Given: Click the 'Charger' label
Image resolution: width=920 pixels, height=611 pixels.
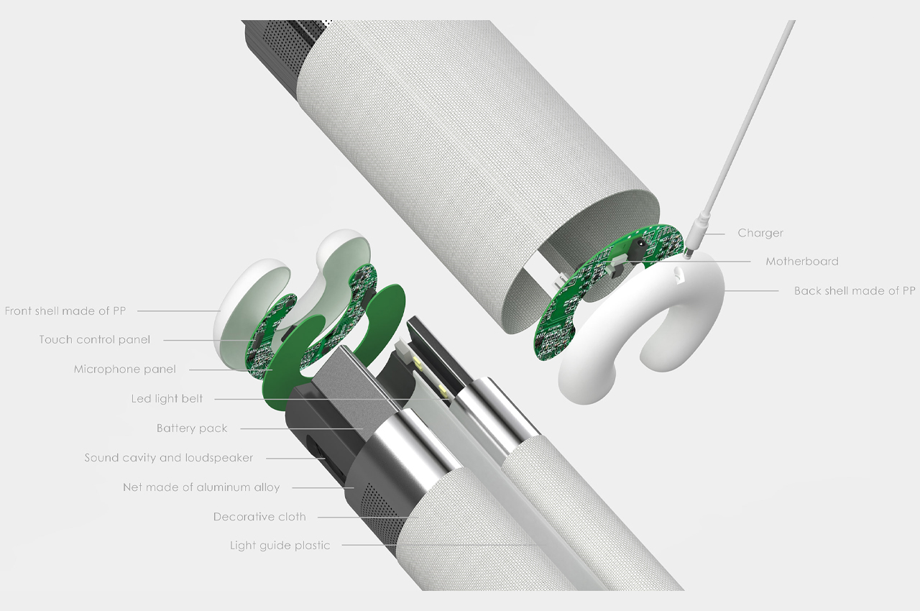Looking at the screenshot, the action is [760, 233].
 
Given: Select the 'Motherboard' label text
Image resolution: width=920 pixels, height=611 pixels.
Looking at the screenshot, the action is [802, 261].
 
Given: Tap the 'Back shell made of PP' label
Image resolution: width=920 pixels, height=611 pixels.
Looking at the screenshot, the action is [855, 290].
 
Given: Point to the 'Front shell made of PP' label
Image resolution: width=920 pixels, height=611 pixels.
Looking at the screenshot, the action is [65, 311].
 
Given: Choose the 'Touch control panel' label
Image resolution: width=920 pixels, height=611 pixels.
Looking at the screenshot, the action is [95, 339].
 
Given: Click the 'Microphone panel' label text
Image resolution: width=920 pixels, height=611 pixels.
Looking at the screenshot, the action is [125, 369].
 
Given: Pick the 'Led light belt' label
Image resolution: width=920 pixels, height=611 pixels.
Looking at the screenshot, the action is [167, 399].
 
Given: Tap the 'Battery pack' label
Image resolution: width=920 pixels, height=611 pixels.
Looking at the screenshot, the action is [192, 428].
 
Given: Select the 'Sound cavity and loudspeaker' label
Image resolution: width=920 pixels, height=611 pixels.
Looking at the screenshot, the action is [169, 458].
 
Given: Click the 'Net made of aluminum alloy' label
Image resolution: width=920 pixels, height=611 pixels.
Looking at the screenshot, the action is [201, 487].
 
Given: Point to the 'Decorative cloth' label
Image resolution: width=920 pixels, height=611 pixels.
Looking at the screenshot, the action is [259, 517].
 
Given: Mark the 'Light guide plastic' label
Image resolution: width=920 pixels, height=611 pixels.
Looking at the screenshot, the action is [280, 546].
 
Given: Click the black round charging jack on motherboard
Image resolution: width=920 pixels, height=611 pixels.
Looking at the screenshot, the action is [639, 247].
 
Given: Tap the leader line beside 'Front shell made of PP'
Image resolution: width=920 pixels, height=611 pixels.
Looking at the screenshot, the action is [179, 311].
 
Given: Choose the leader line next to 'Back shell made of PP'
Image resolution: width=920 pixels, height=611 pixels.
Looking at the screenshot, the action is [752, 290].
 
